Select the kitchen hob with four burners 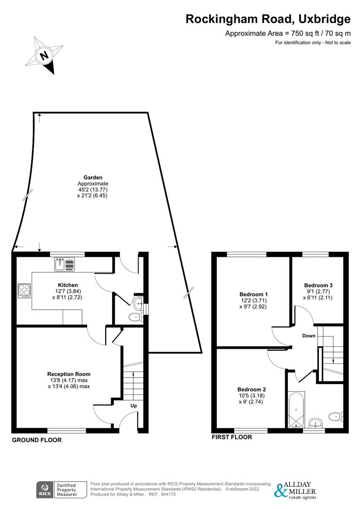pos(24,290)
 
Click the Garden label pos(93,178)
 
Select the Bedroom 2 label pos(252,389)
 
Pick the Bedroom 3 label pos(318,285)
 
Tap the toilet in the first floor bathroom pos(335,416)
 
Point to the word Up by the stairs pos(133,406)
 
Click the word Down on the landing pos(309,336)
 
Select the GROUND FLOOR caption pos(37,440)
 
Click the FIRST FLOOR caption pos(232,437)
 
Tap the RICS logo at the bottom pos(46,490)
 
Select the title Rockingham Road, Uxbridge pos(268,19)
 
